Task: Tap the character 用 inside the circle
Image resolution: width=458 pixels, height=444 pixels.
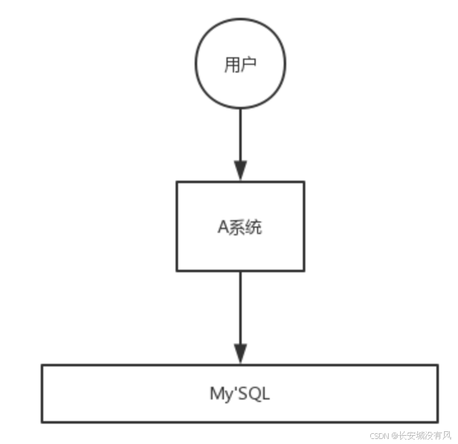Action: [x=232, y=65]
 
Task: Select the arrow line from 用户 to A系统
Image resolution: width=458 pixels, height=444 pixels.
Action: [x=240, y=134]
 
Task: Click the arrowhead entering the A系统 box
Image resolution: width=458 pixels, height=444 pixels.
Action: [x=240, y=170]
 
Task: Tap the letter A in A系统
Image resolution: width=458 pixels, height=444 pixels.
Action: [x=223, y=228]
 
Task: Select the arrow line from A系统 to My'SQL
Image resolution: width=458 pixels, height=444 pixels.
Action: [x=240, y=309]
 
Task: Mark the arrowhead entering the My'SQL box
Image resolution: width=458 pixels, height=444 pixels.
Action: [x=240, y=353]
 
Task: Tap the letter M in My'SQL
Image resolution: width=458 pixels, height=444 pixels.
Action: [x=216, y=394]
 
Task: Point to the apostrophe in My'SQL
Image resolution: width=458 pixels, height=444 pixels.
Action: [x=234, y=389]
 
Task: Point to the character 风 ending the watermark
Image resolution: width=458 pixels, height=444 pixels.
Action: [x=448, y=436]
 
